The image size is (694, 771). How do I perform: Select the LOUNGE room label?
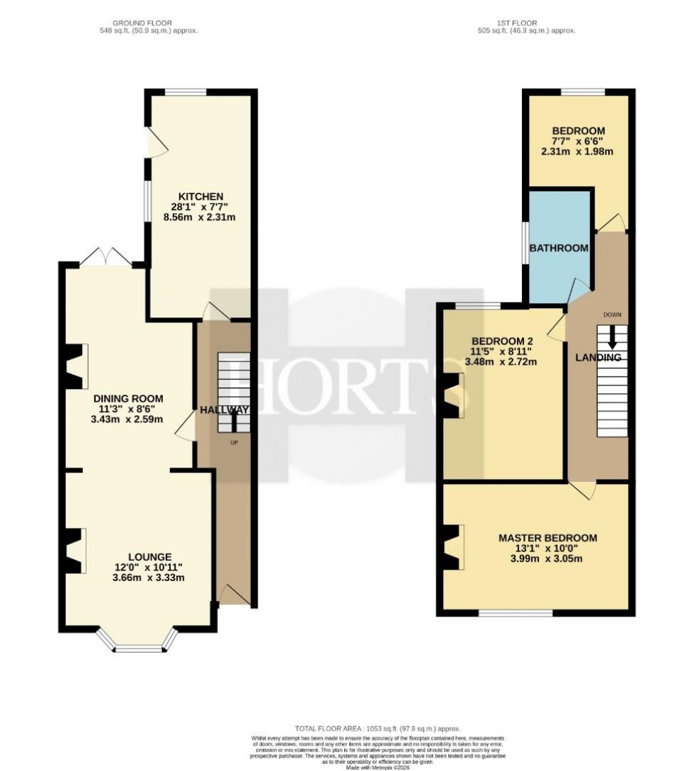click(x=150, y=556)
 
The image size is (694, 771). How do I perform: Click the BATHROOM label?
click(x=559, y=248)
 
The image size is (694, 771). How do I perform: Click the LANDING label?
click(x=598, y=358)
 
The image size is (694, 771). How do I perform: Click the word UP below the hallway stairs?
click(x=234, y=443)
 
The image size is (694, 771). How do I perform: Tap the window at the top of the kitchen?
click(x=186, y=91)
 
